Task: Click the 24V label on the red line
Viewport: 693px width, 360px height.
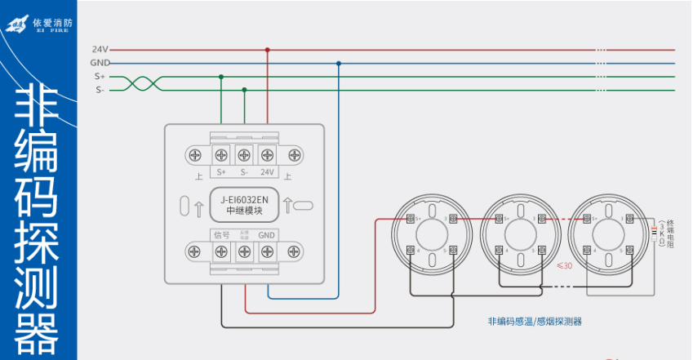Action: (100, 50)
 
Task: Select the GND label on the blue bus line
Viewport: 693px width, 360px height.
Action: (100, 63)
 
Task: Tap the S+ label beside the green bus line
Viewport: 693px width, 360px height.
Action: (100, 77)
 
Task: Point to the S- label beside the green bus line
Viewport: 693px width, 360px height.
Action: (100, 90)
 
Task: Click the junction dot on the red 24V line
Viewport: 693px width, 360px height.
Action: (268, 50)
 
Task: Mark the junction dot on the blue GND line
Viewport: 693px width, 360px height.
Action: (339, 63)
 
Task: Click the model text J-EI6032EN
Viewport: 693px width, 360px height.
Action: (245, 198)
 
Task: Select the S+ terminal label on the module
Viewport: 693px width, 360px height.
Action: (221, 172)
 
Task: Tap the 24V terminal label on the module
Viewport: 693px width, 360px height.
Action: (267, 172)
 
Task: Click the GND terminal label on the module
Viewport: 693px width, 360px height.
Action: (267, 234)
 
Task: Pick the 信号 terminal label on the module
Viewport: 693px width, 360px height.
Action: (221, 234)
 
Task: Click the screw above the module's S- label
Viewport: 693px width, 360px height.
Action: (243, 154)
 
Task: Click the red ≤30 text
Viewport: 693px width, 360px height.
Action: (563, 264)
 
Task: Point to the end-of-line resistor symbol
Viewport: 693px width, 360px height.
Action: (654, 233)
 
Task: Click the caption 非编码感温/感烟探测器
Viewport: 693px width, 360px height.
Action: (535, 321)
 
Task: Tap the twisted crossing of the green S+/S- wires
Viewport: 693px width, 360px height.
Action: (140, 83)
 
